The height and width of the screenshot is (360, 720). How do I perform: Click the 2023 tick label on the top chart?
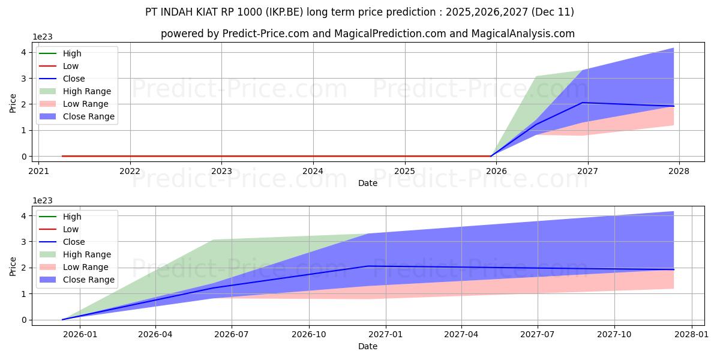[x=221, y=170]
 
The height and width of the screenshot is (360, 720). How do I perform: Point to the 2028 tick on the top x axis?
[x=679, y=170]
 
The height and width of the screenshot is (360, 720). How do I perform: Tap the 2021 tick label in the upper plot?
[x=38, y=170]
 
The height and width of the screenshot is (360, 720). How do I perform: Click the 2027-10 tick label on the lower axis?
[x=614, y=334]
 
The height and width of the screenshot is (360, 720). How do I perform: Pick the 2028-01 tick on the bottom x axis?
[x=692, y=334]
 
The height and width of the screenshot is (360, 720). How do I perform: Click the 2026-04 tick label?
[x=156, y=334]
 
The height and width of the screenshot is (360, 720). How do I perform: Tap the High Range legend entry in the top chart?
[x=86, y=91]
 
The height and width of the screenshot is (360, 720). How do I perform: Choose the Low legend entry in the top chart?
[x=71, y=66]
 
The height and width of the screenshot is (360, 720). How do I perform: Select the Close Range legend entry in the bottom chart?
[x=88, y=280]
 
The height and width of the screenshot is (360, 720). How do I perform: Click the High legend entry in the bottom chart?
[x=72, y=217]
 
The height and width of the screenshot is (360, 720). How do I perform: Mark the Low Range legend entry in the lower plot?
[x=86, y=267]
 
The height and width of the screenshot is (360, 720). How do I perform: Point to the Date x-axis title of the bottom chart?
[x=368, y=346]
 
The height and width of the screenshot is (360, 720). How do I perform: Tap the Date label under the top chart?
[x=368, y=183]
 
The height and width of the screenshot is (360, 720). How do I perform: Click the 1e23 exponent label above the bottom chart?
[x=41, y=201]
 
